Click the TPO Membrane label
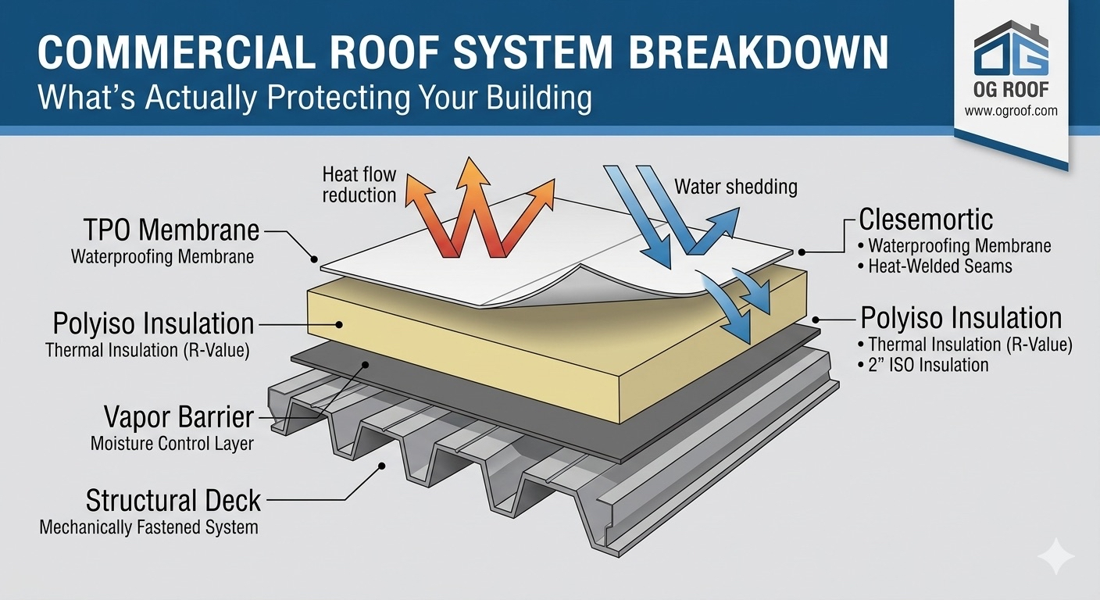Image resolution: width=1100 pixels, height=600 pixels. (170, 230)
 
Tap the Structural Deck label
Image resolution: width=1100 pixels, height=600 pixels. (173, 500)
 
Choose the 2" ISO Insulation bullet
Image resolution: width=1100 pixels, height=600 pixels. (928, 365)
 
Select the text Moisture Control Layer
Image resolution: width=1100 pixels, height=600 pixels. (172, 445)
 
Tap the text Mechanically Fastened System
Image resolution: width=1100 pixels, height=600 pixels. (148, 527)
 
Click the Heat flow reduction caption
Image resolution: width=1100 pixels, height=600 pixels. (359, 184)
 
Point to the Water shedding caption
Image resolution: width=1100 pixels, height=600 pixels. (736, 187)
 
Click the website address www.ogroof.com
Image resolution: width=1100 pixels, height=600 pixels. (1011, 111)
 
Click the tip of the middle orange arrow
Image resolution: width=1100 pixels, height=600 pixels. (471, 162)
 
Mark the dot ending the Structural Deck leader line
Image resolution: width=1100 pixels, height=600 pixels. (382, 466)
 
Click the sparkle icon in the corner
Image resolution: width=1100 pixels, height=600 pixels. (1055, 557)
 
